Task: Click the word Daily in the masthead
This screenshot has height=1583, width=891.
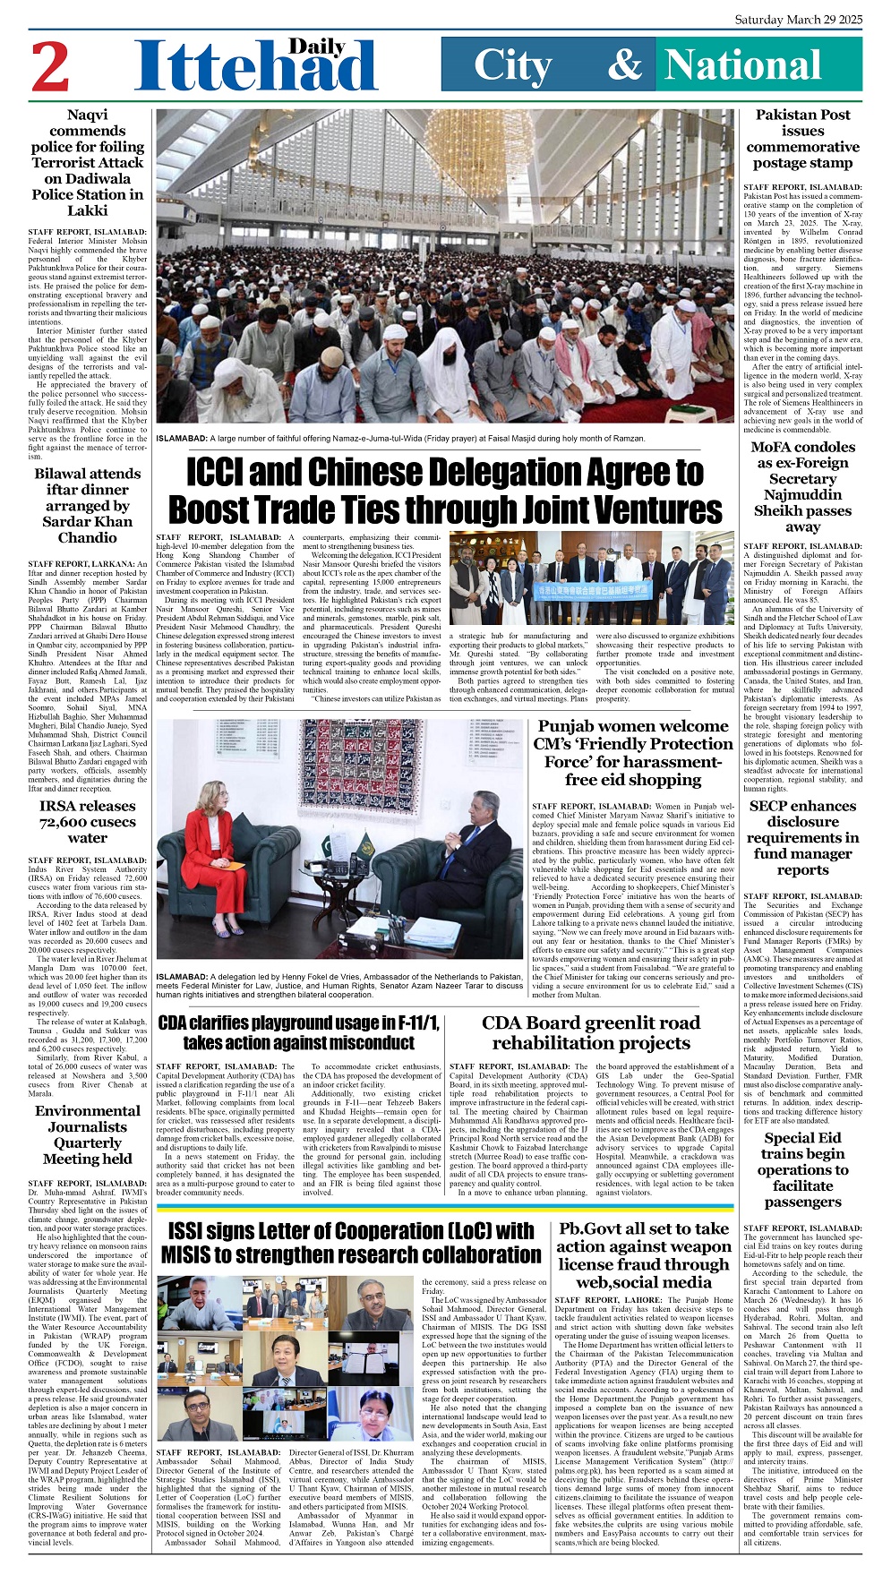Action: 317,47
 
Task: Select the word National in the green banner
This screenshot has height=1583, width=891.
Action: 743,65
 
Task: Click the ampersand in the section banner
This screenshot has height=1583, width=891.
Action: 624,64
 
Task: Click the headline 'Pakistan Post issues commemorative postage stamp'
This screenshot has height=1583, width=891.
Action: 802,139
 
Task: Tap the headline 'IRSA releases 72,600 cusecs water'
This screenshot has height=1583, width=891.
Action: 88,822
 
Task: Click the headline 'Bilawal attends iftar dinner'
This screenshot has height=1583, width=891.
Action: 88,506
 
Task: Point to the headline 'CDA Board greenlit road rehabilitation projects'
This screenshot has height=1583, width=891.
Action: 591,1032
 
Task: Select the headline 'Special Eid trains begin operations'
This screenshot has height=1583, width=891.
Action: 802,1169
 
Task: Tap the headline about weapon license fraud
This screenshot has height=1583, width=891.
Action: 644,1255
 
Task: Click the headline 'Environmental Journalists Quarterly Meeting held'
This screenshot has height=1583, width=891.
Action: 88,1134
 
